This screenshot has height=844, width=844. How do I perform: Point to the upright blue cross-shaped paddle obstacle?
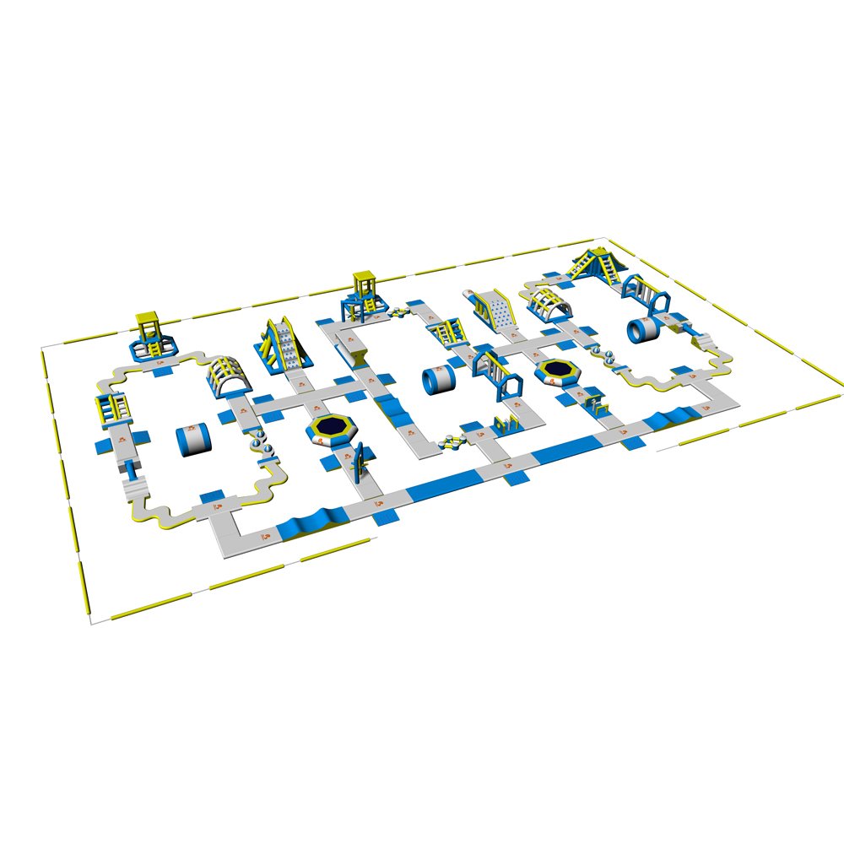(359, 460)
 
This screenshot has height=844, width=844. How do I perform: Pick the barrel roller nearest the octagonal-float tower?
(194, 440)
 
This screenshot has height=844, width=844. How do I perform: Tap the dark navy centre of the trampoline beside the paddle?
(333, 426)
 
